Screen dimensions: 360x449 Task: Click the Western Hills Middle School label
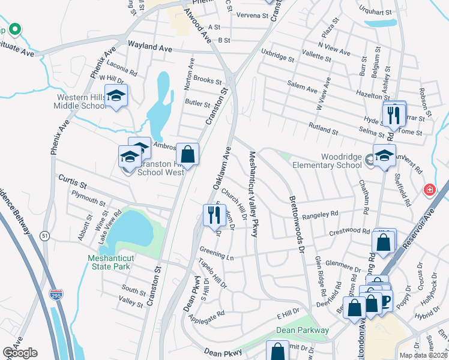click(x=81, y=101)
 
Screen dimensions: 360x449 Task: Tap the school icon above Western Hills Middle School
click(x=116, y=95)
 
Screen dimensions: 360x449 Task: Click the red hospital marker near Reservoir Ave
click(x=430, y=191)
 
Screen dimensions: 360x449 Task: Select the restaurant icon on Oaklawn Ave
click(x=214, y=214)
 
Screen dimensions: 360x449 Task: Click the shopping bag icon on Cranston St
click(x=188, y=154)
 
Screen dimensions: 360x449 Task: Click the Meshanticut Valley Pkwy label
click(x=253, y=194)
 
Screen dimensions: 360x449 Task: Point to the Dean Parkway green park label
click(x=303, y=330)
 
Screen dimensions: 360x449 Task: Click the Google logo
click(x=20, y=353)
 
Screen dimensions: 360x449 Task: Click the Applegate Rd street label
click(x=207, y=313)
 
